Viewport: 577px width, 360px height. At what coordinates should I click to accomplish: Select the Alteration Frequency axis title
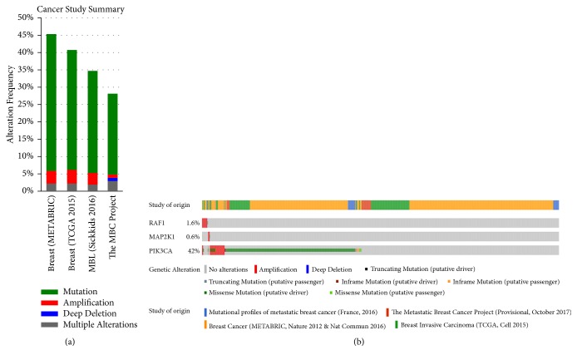(x=10, y=104)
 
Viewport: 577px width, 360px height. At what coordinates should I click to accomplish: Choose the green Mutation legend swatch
(x=26, y=292)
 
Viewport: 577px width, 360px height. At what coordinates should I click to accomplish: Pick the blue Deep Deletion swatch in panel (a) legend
(x=26, y=313)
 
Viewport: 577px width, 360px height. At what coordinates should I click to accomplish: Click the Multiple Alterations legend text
(x=96, y=324)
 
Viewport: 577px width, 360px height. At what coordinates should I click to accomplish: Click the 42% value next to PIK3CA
(x=193, y=249)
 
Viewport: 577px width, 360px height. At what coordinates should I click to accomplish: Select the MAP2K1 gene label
(x=156, y=236)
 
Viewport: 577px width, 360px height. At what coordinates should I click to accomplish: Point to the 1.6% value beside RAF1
(x=192, y=223)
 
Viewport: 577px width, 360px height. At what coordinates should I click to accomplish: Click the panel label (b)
(x=358, y=343)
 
